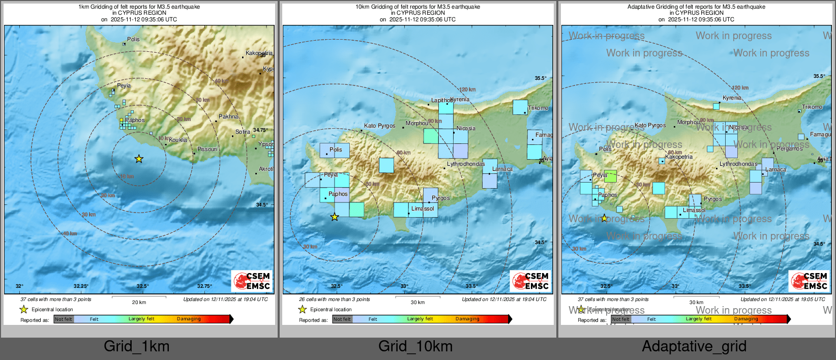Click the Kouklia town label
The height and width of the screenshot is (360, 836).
point(178,140)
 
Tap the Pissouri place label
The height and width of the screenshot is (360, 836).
point(207,149)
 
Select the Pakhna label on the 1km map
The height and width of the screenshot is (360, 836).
point(228,116)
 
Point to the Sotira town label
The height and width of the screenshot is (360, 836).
point(243,132)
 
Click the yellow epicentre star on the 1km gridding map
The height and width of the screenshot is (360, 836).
point(139,159)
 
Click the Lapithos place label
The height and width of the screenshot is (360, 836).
point(441,100)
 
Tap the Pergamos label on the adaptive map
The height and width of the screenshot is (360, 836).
point(789,148)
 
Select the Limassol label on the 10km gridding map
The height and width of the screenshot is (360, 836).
point(423,208)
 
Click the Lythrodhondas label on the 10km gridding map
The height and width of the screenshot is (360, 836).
point(466,164)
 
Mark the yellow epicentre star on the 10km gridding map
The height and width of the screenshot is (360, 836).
point(335,217)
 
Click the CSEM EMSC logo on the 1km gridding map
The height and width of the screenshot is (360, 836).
point(252,281)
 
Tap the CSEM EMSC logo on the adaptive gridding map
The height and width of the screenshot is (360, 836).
point(810,281)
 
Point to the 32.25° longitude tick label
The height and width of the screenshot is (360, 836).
point(81,286)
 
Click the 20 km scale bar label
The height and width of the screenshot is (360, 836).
point(139,302)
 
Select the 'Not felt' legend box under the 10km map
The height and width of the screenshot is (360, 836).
point(342,319)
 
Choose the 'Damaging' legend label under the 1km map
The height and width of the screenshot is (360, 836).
point(189,319)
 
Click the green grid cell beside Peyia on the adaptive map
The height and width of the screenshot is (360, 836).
point(610,176)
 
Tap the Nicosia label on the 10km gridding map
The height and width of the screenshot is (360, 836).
point(466,128)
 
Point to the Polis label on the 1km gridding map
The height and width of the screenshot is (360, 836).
point(133,39)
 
